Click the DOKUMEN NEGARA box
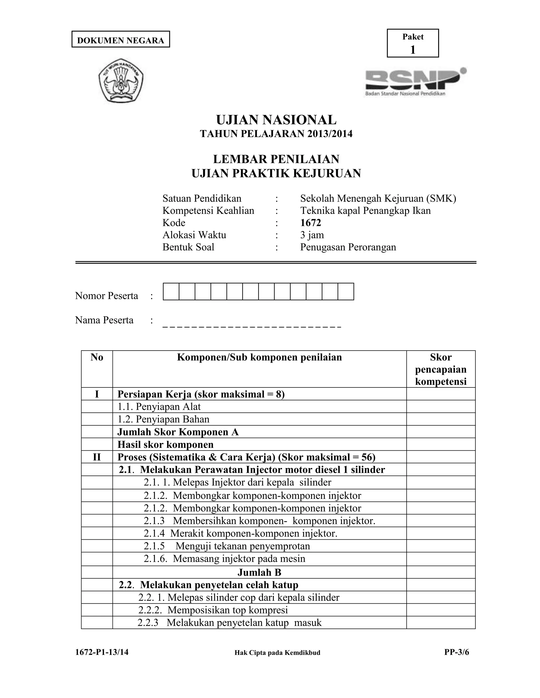tap(120, 40)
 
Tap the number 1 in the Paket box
tap(412, 50)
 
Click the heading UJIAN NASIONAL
tap(276, 120)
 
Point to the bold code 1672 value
tap(310, 223)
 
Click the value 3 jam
tap(312, 235)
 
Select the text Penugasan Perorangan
tap(348, 247)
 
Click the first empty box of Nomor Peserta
tap(171, 292)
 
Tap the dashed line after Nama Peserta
tap(252, 326)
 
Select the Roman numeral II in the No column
tap(97, 457)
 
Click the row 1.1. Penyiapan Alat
tap(159, 406)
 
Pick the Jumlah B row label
tap(259, 572)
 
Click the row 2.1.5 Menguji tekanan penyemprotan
tap(226, 546)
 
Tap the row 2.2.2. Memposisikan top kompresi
tap(213, 610)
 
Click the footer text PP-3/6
tap(456, 652)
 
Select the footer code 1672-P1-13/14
tap(102, 652)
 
